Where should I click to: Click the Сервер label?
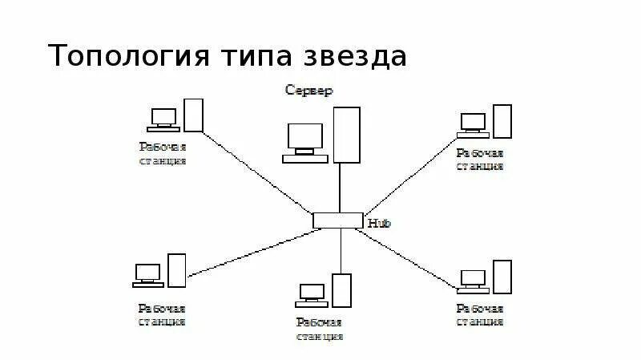[309, 91]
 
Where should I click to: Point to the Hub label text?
[378, 223]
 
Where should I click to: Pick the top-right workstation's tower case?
[502, 121]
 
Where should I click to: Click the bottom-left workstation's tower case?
[176, 270]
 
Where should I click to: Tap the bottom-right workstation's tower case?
[502, 277]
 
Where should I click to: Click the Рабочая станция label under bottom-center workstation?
[319, 330]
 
